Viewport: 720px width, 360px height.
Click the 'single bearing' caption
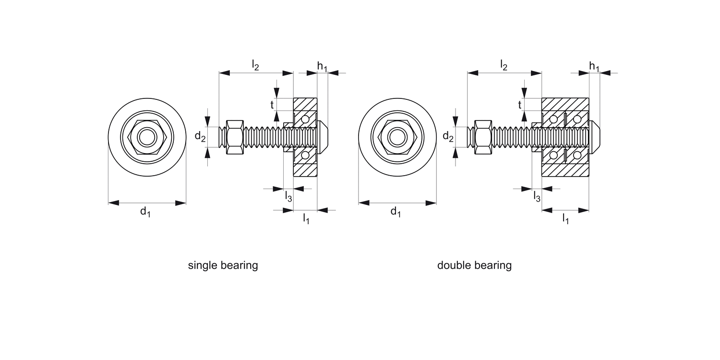pyautogui.click(x=223, y=265)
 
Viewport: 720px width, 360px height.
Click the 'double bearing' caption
pyautogui.click(x=474, y=265)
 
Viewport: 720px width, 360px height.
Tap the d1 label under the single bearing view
pyautogui.click(x=145, y=212)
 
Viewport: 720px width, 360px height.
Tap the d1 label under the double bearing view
pyautogui.click(x=396, y=212)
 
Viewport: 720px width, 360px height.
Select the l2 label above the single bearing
pyautogui.click(x=256, y=65)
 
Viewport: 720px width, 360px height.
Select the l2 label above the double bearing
pyautogui.click(x=504, y=65)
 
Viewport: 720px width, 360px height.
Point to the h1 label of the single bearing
pyautogui.click(x=322, y=66)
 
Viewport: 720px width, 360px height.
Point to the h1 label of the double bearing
pyautogui.click(x=594, y=66)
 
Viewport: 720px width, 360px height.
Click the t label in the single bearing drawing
pyautogui.click(x=272, y=105)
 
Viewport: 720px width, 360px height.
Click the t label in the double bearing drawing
pyautogui.click(x=520, y=105)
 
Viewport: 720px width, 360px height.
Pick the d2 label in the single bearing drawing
pyautogui.click(x=200, y=137)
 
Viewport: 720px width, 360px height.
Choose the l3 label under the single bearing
pyautogui.click(x=288, y=196)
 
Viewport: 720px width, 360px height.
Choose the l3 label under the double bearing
pyautogui.click(x=537, y=196)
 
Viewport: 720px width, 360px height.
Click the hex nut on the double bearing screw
pyautogui.click(x=482, y=137)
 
